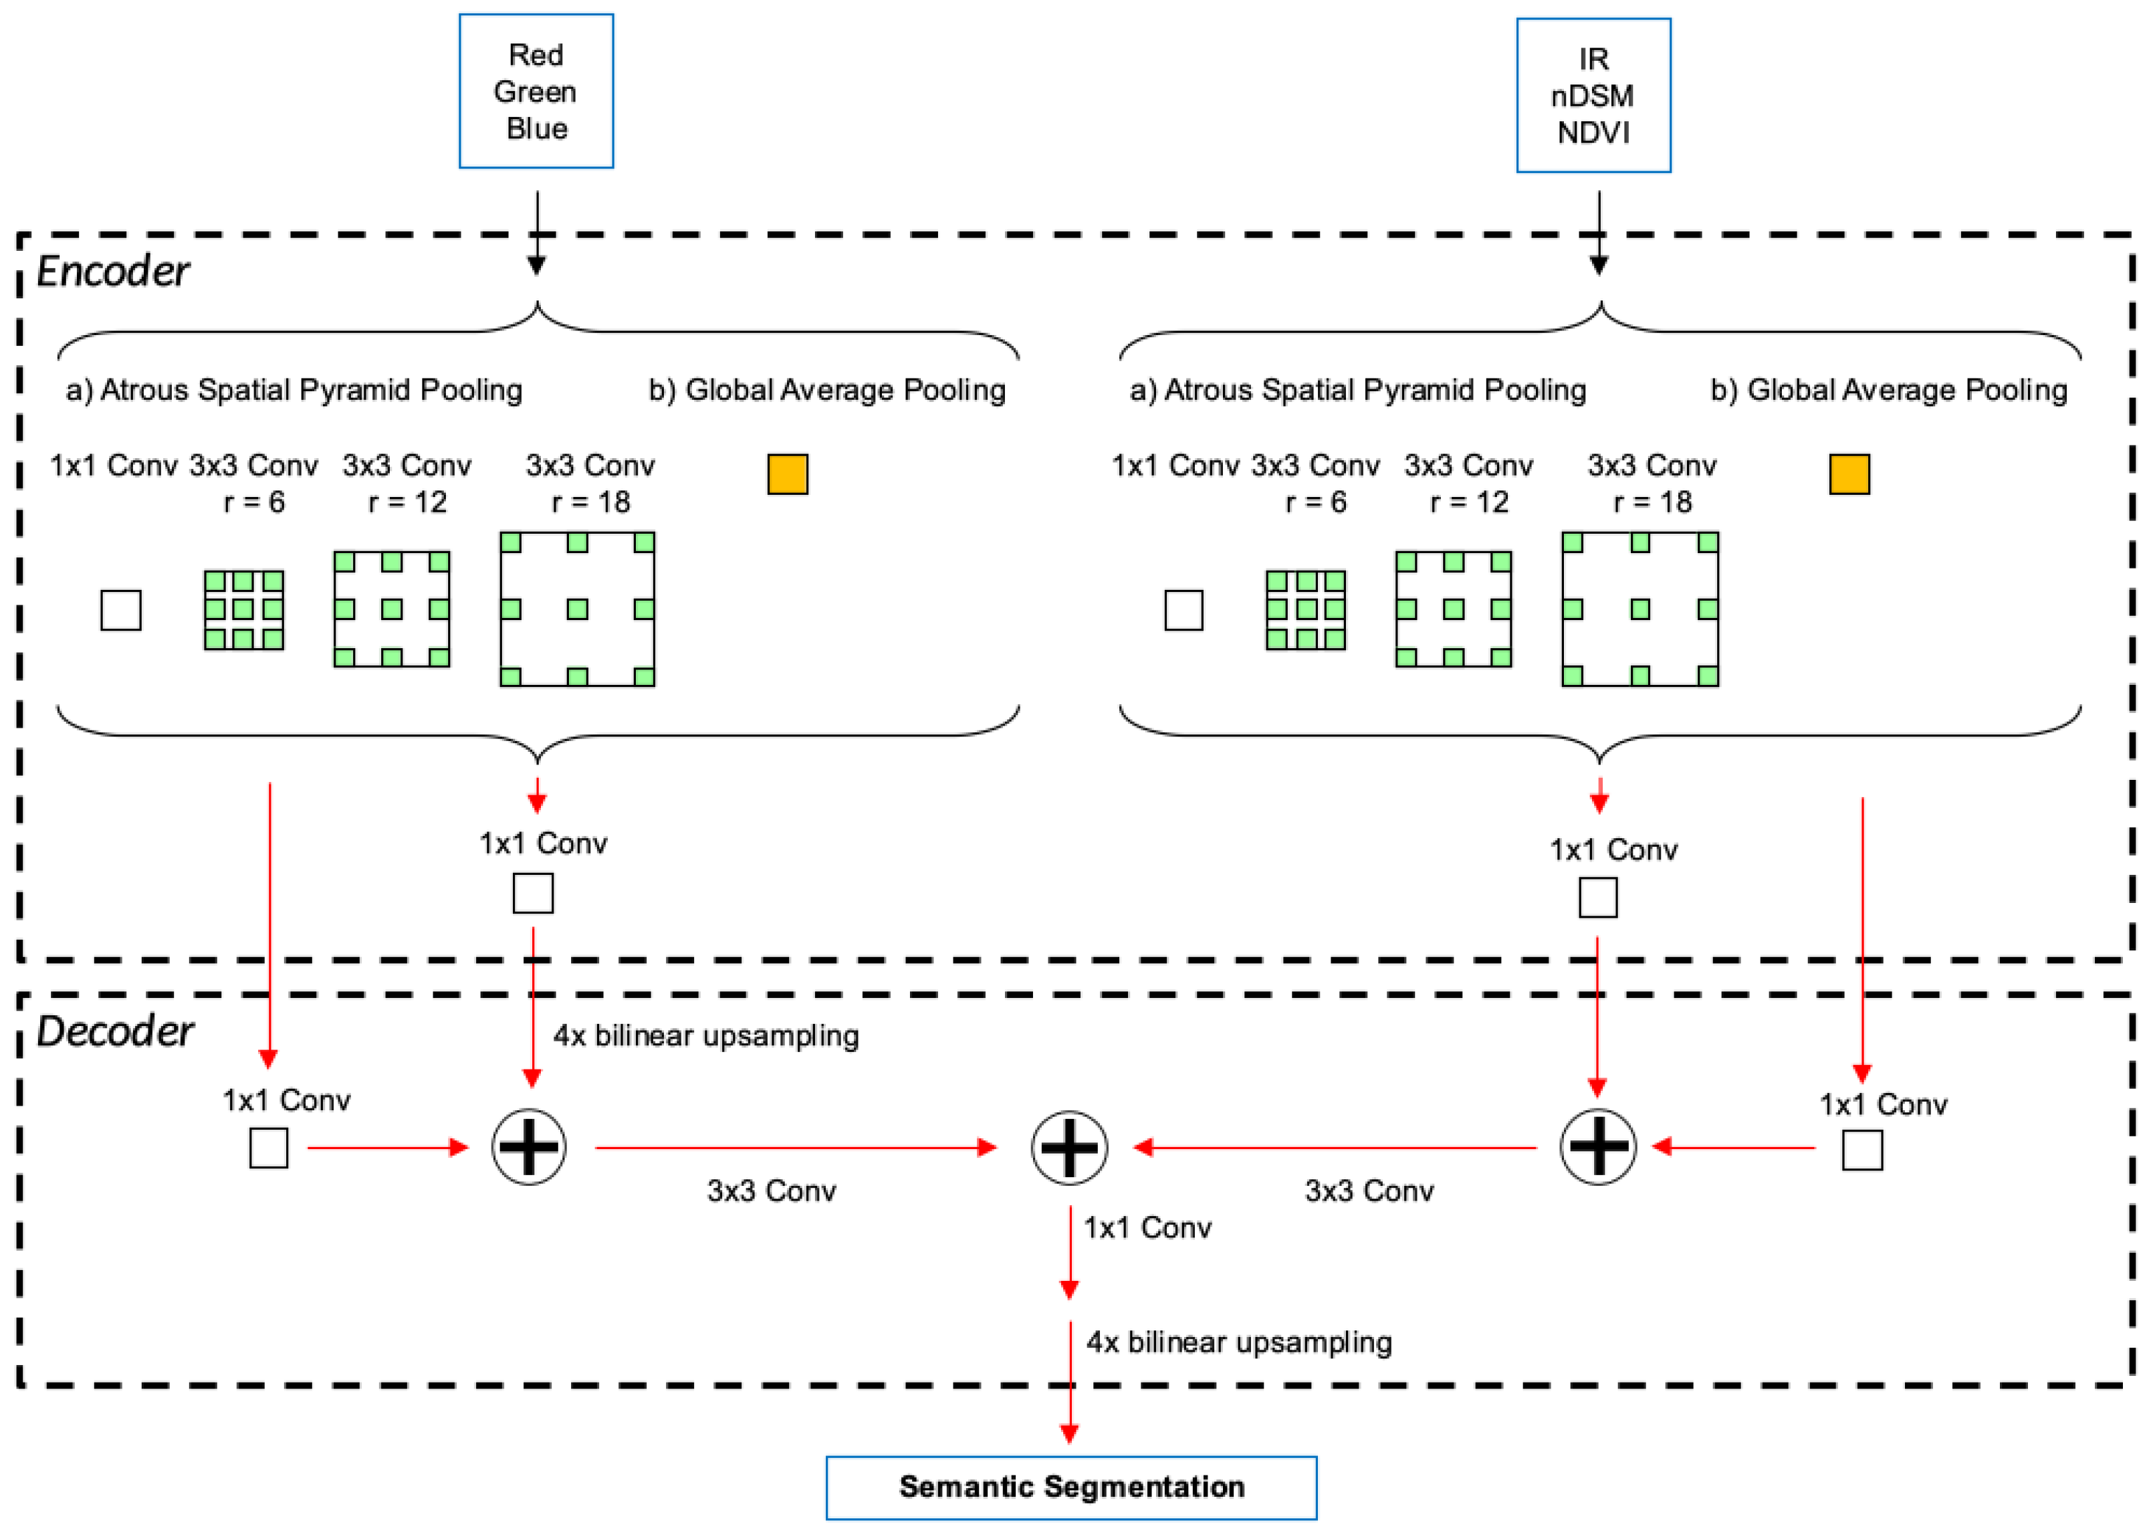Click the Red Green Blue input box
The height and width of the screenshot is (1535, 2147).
536,92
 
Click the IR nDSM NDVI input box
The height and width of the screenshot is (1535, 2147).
1593,96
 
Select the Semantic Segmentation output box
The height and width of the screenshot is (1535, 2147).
1070,1487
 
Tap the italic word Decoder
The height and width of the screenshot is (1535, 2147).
114,1031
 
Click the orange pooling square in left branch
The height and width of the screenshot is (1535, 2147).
787,474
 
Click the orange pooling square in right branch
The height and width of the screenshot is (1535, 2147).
1848,474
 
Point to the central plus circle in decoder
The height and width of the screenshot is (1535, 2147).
1068,1148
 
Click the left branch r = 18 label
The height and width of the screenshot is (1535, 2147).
590,502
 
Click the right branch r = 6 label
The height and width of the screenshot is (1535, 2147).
1315,502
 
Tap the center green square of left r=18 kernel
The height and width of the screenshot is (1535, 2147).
578,609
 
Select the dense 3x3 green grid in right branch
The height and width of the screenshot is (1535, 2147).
1306,609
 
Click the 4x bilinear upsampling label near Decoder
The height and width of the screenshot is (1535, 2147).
706,1036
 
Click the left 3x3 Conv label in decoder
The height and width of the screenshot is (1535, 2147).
771,1191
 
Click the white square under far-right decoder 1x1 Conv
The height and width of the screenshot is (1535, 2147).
1861,1150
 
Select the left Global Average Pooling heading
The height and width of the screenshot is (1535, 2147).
827,391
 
